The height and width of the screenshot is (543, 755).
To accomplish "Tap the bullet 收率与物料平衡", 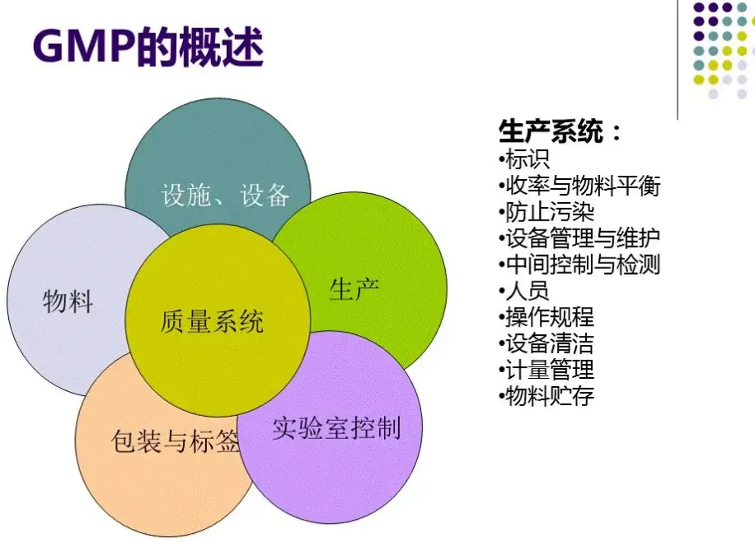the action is [580, 185].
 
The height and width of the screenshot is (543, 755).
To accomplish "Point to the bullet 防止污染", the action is [547, 211].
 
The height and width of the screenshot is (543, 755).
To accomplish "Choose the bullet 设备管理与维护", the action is [580, 238].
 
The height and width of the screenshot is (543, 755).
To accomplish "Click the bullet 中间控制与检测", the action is [580, 264].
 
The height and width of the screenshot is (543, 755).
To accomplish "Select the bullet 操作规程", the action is [547, 317].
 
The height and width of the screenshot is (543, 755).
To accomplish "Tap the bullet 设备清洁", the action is [547, 343].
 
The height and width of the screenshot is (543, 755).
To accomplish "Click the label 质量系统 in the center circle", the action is [213, 321].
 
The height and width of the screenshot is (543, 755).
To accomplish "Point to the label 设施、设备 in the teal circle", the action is [225, 195].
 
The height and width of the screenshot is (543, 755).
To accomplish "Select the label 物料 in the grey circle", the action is [68, 301].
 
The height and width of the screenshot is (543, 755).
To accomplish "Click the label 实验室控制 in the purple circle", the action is [336, 428].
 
